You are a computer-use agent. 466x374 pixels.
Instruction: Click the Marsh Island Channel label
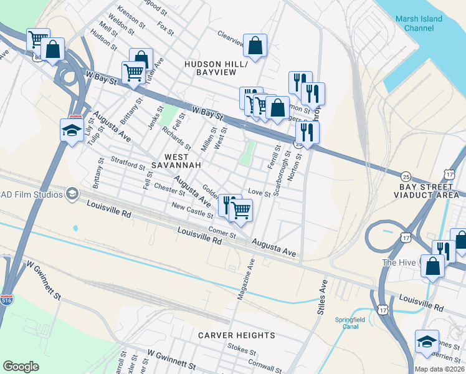click(x=419, y=23)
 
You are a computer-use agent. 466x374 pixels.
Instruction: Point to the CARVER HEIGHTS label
click(x=237, y=335)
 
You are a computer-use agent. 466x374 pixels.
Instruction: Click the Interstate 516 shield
click(x=7, y=300)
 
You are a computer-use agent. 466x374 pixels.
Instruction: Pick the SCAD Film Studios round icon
click(x=72, y=194)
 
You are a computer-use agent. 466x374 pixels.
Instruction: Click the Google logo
click(x=21, y=367)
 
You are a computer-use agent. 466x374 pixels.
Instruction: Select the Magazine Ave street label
click(x=247, y=279)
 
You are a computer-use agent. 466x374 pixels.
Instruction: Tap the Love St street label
click(x=259, y=193)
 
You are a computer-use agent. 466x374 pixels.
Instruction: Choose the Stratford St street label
click(x=128, y=163)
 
